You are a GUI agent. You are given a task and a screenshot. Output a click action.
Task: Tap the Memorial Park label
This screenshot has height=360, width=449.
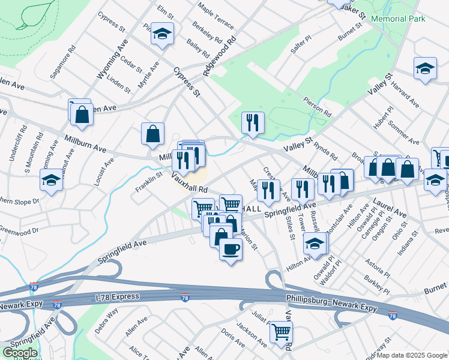point(399,19)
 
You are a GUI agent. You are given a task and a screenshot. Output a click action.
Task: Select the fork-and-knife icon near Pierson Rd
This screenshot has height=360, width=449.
point(253,122)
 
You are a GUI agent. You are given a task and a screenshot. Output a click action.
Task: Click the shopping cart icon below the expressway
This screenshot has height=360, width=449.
point(280,331)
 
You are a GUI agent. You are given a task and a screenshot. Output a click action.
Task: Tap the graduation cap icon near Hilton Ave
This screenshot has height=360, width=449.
point(315,244)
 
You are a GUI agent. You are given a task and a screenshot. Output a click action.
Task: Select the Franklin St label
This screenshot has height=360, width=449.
point(149,183)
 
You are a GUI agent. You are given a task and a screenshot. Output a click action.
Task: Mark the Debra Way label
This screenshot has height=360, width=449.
point(106,321)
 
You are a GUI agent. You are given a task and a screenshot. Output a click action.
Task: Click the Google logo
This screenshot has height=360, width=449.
point(19,352)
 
